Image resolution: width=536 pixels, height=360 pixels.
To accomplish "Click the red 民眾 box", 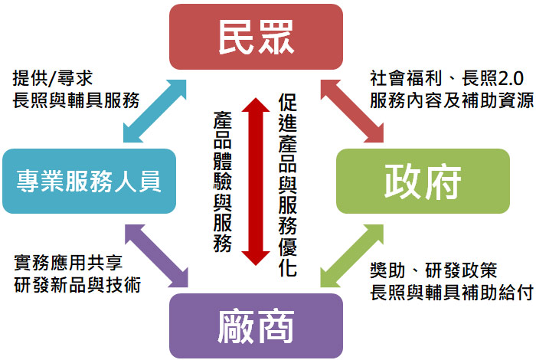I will [256, 36].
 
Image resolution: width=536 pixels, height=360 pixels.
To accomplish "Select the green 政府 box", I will [423, 182].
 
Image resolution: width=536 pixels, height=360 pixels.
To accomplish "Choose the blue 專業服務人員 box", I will [89, 182].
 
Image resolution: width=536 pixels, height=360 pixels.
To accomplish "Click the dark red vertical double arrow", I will [256, 181].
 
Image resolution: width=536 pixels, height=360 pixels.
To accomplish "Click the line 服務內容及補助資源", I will [451, 100].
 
